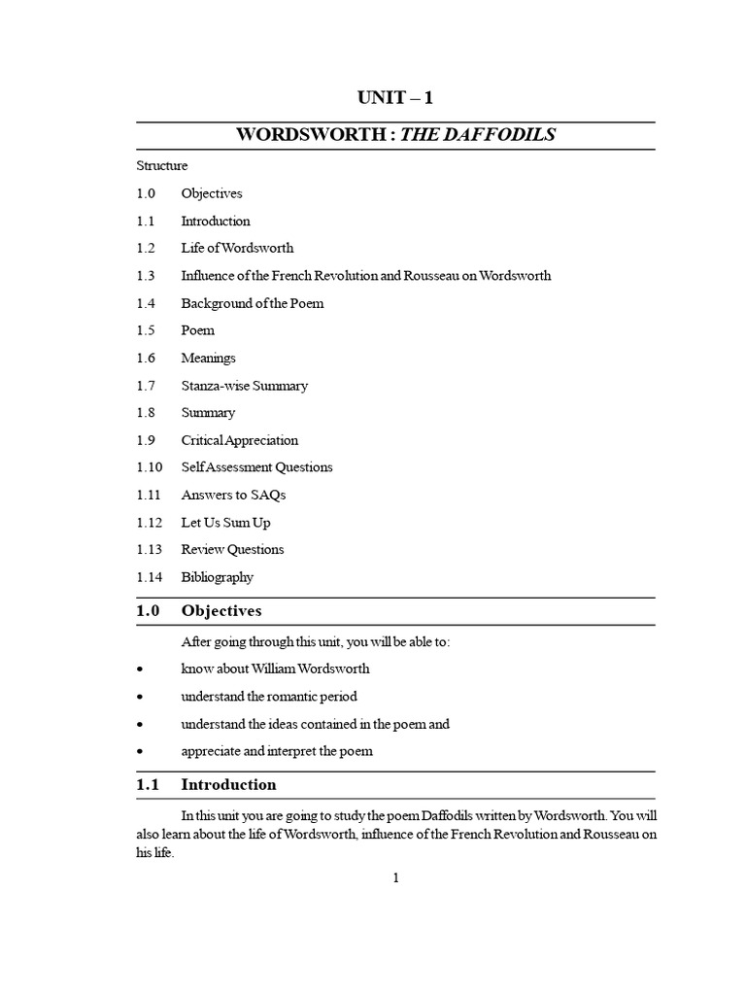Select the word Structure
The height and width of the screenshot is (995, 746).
click(162, 166)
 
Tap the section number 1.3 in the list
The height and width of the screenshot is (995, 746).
click(147, 276)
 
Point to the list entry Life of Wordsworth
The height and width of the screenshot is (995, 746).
click(237, 248)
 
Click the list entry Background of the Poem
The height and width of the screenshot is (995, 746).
click(253, 303)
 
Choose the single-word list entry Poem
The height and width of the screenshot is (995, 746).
click(198, 330)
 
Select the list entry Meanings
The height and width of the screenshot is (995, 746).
click(208, 358)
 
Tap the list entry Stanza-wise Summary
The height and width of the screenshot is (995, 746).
click(244, 386)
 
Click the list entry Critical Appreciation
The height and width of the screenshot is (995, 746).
click(240, 440)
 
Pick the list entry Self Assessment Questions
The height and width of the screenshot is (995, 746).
click(256, 467)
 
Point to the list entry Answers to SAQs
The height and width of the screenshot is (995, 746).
click(233, 495)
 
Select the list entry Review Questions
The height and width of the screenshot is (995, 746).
click(232, 549)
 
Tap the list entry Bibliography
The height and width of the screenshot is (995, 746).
click(217, 577)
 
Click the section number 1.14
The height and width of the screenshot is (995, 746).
click(150, 577)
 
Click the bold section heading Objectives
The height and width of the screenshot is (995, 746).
click(221, 611)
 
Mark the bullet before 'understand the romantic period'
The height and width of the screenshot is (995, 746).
click(141, 698)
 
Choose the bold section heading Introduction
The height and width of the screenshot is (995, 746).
click(228, 784)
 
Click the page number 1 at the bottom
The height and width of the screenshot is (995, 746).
click(396, 878)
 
